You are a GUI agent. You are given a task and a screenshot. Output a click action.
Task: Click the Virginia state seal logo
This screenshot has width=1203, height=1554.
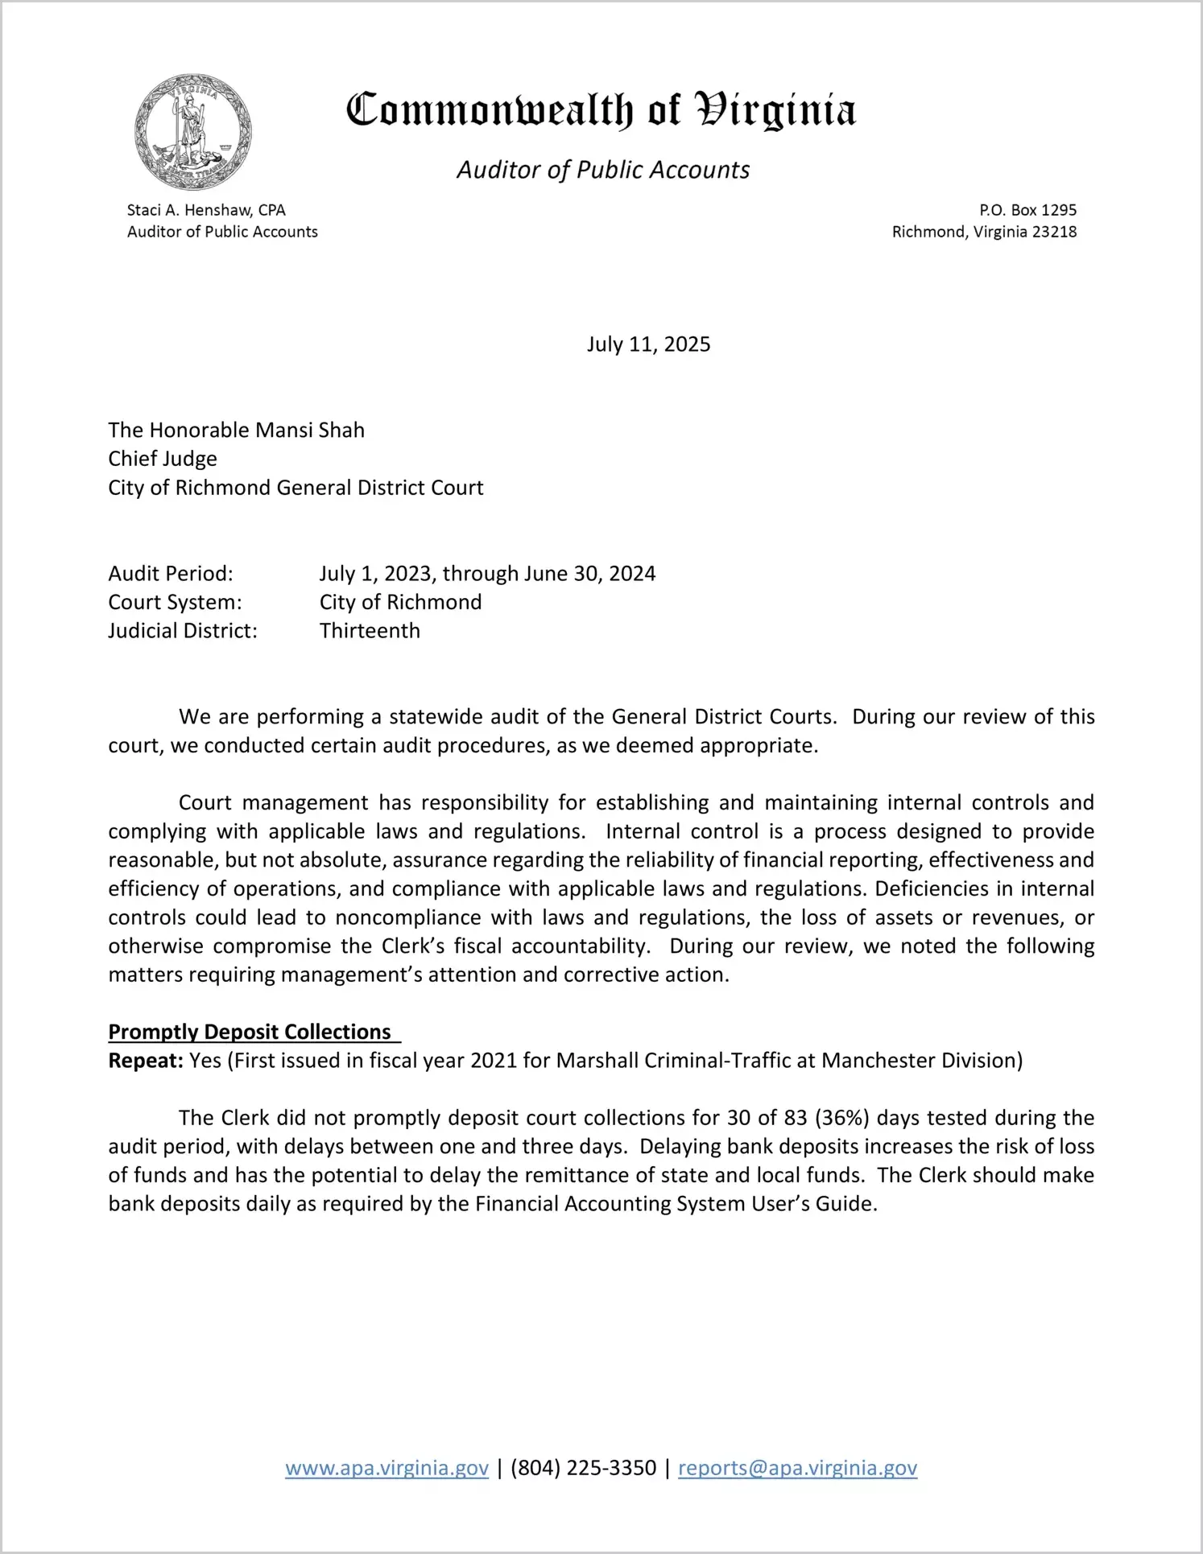[193, 133]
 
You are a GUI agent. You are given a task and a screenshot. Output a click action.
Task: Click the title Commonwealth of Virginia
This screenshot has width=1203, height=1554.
[601, 110]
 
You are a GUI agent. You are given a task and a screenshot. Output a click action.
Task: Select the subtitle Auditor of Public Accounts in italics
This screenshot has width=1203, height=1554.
[603, 170]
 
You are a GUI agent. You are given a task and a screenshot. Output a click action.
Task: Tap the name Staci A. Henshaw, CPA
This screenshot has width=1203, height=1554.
[206, 210]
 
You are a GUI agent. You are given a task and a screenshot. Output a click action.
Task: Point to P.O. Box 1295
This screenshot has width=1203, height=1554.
[1027, 210]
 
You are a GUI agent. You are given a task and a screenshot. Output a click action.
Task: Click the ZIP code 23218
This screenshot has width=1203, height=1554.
[1054, 232]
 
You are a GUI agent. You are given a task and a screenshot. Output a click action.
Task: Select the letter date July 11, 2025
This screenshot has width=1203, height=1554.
[648, 344]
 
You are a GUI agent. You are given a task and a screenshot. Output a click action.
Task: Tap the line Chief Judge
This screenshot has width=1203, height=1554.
[163, 459]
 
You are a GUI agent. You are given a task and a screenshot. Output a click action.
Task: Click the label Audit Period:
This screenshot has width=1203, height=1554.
[171, 574]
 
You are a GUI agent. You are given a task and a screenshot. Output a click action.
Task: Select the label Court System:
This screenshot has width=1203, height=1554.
[175, 602]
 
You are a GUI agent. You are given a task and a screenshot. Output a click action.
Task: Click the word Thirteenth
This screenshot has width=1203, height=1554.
[370, 631]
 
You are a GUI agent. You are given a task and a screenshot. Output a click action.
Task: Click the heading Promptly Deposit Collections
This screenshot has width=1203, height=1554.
[250, 1032]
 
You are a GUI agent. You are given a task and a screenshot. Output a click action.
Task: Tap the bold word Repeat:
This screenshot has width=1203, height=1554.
[146, 1061]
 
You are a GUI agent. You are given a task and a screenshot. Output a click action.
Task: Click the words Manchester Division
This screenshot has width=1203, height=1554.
[921, 1061]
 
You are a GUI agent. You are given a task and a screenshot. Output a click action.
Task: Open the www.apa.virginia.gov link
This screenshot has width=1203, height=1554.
[387, 1468]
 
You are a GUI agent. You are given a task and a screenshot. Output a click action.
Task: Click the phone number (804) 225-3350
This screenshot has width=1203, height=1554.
[583, 1468]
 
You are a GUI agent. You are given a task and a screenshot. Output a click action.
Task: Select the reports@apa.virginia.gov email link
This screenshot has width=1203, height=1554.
[797, 1468]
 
